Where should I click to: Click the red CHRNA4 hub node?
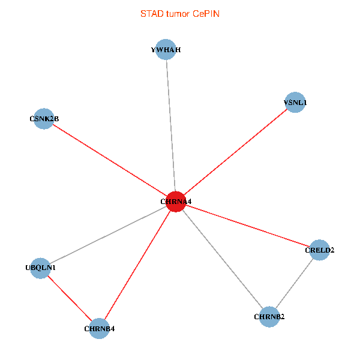pyautogui.click(x=175, y=202)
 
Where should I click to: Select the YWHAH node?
pyautogui.click(x=166, y=50)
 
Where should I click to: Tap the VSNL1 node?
pyautogui.click(x=295, y=103)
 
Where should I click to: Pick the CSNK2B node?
pyautogui.click(x=44, y=119)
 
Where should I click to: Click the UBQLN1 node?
pyautogui.click(x=40, y=268)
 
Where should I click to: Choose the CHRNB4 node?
pyautogui.click(x=100, y=328)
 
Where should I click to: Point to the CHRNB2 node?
pyautogui.click(x=269, y=316)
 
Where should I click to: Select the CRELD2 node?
pyautogui.click(x=320, y=250)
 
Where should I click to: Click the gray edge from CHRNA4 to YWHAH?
pyautogui.click(x=170, y=126)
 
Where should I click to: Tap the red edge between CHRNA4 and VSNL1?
pyautogui.click(x=235, y=152)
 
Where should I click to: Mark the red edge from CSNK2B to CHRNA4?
pyautogui.click(x=110, y=160)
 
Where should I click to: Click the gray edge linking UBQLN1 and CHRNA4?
pyautogui.click(x=108, y=235)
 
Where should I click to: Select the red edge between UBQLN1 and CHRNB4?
pyautogui.click(x=70, y=298)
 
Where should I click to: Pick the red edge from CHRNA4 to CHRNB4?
pyautogui.click(x=137, y=265)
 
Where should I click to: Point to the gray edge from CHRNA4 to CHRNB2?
pyautogui.click(x=222, y=259)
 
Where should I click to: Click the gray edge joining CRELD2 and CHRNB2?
pyautogui.click(x=295, y=283)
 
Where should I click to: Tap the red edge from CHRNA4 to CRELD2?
pyautogui.click(x=247, y=226)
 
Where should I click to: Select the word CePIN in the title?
pyautogui.click(x=206, y=13)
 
